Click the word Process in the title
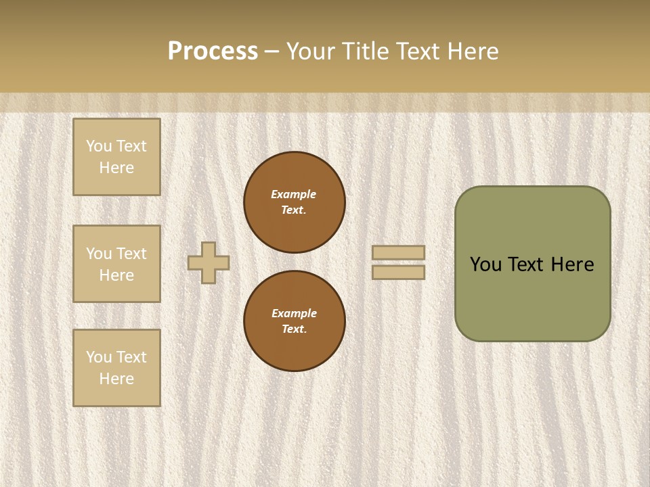[x=213, y=51]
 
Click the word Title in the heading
[x=368, y=51]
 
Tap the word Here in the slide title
[x=473, y=51]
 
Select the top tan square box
[x=116, y=157]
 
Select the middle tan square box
[x=116, y=264]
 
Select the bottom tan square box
[x=116, y=367]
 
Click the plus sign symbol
[x=209, y=262]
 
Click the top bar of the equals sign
[x=398, y=252]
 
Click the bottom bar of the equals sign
[x=398, y=272]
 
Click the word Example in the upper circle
[x=293, y=194]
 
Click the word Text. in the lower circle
[x=294, y=329]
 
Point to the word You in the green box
[x=485, y=264]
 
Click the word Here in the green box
[x=572, y=264]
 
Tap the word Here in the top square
[x=116, y=168]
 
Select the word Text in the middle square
[x=131, y=254]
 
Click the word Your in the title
[x=312, y=51]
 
